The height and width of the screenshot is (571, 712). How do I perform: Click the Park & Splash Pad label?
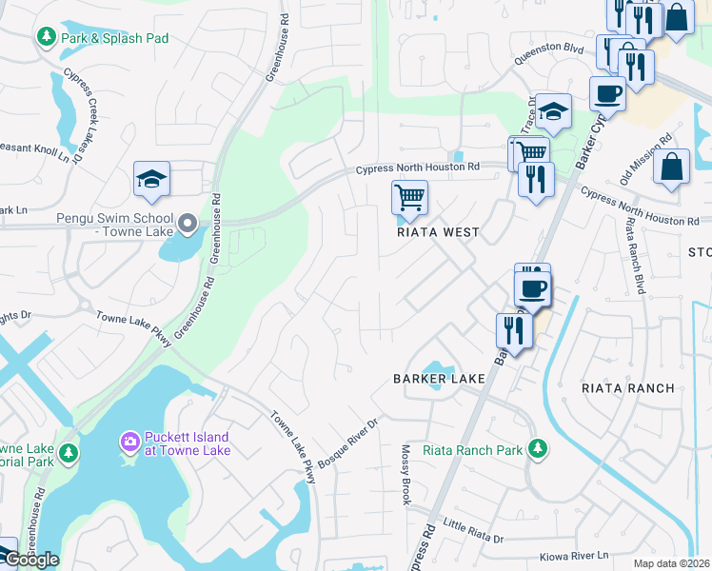114,38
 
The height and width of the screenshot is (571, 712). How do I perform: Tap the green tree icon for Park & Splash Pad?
45,37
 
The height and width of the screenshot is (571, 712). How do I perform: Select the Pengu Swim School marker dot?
188,225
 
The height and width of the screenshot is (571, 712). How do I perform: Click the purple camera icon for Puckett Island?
129,443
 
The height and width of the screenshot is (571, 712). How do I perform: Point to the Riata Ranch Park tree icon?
538,449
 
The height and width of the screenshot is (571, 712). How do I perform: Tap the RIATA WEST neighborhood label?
438,232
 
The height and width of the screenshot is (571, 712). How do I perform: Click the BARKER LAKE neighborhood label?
440,379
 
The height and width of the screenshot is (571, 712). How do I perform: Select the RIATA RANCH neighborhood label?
627,388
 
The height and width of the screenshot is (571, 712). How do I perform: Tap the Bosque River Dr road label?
349,436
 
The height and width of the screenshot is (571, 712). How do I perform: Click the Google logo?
31,560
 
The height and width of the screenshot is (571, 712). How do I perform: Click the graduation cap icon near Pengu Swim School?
151,179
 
